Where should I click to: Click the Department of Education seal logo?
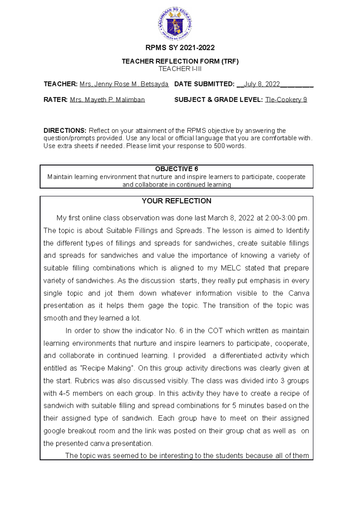point(175,24)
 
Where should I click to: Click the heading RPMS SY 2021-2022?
point(180,48)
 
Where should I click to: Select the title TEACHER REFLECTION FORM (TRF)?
point(180,61)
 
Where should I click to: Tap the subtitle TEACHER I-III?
point(180,69)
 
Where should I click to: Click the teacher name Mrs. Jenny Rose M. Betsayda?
point(124,84)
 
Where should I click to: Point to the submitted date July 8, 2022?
point(262,84)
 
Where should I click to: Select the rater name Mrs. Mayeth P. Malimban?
point(107,100)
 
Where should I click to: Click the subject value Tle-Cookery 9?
point(286,100)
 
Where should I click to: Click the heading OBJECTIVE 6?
point(176,169)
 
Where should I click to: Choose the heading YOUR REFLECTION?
point(176,201)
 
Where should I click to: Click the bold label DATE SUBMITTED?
point(204,84)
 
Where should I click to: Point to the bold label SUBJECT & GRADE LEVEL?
point(218,100)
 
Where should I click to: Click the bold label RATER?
point(55,100)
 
